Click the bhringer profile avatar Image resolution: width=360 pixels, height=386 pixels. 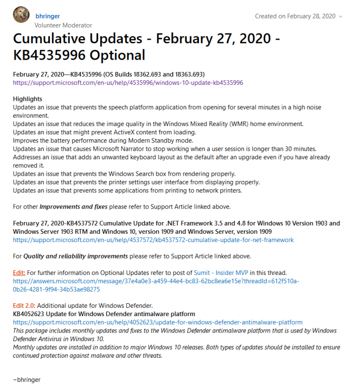point(21,16)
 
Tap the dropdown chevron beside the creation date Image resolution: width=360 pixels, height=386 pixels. point(340,16)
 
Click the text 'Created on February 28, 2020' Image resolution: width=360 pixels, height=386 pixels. point(295,16)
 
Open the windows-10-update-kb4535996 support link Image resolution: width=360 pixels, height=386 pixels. point(128,82)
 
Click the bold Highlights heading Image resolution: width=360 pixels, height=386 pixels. point(28,99)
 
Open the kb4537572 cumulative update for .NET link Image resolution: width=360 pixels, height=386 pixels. point(153,240)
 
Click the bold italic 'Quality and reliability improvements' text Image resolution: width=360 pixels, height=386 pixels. point(85,256)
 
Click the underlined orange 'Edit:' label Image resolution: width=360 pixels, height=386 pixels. point(19,272)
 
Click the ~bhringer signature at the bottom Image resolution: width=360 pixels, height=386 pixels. point(27,380)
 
